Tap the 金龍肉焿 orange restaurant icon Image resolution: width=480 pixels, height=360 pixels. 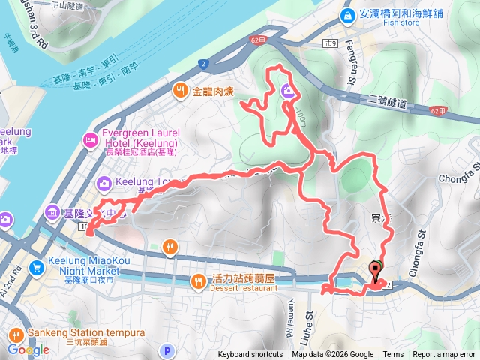pos(181,91)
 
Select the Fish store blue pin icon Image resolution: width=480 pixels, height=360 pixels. pos(348,16)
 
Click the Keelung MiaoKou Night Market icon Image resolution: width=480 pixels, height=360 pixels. pos(35,266)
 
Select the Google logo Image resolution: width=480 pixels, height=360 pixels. pos(28,349)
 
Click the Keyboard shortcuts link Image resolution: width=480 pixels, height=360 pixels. pos(250,355)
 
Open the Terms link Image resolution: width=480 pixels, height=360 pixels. pos(393,355)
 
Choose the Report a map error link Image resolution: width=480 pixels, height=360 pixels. pos(444,355)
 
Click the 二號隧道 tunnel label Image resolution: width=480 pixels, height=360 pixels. pos(383,103)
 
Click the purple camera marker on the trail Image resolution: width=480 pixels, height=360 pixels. pos(289,92)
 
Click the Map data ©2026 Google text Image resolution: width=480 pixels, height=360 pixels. pos(333,355)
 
